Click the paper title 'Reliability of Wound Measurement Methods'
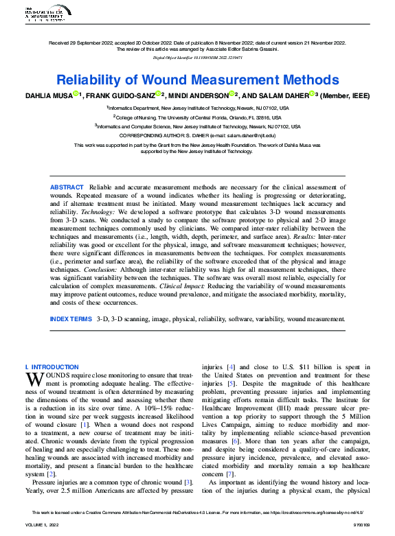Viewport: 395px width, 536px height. click(198, 80)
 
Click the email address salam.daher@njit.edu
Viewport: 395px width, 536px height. click(251, 137)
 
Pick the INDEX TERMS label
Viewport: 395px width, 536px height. click(70, 319)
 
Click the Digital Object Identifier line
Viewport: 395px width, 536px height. click(198, 60)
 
